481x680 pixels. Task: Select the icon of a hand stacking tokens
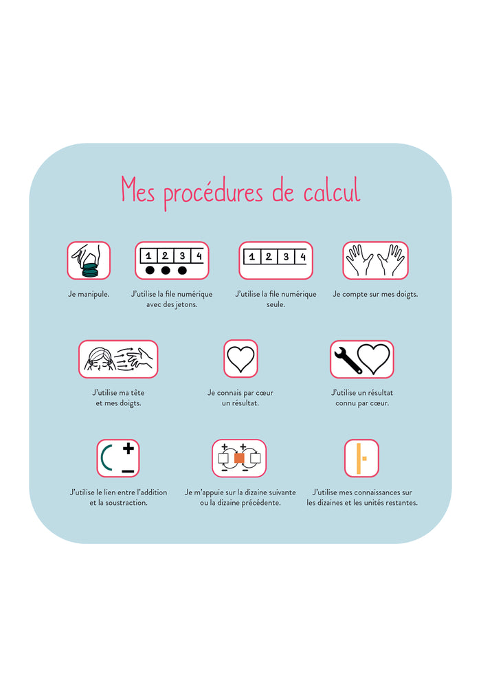[89, 260]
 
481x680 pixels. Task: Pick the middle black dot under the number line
[166, 270]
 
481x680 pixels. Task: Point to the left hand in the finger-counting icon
[359, 260]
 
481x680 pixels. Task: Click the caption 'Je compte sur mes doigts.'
[375, 294]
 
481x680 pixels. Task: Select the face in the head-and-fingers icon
[98, 359]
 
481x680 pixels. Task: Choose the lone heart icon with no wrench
[240, 359]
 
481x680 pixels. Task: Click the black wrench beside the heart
[347, 359]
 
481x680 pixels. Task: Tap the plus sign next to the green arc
[128, 448]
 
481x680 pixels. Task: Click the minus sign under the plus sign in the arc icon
[128, 471]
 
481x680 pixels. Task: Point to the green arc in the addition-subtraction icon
[104, 458]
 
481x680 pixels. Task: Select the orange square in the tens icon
[239, 458]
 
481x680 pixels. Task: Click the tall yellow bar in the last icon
[358, 458]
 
